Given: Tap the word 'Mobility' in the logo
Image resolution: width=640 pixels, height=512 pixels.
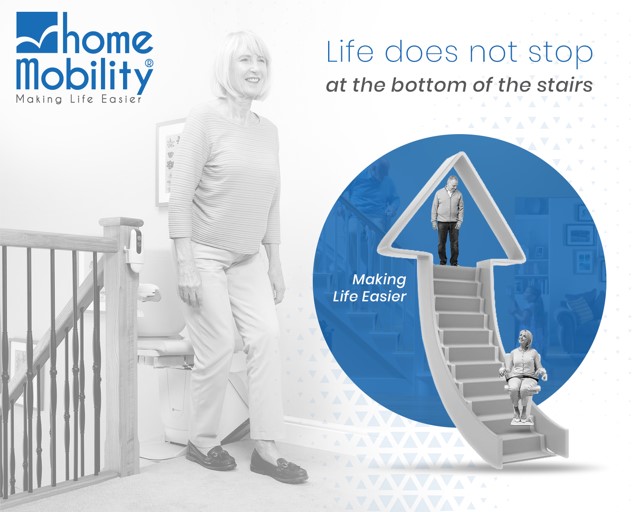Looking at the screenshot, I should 82,74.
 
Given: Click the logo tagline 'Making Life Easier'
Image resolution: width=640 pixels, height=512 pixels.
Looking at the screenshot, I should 79,99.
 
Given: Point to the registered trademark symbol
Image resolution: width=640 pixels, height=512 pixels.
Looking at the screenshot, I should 149,63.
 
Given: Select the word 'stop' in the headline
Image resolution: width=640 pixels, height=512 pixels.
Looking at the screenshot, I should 555,51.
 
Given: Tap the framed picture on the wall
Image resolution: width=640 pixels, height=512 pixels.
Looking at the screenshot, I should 169,160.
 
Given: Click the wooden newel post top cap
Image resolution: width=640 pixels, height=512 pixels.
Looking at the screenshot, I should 121,223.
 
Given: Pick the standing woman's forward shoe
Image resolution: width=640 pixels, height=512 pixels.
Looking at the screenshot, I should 277,467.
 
